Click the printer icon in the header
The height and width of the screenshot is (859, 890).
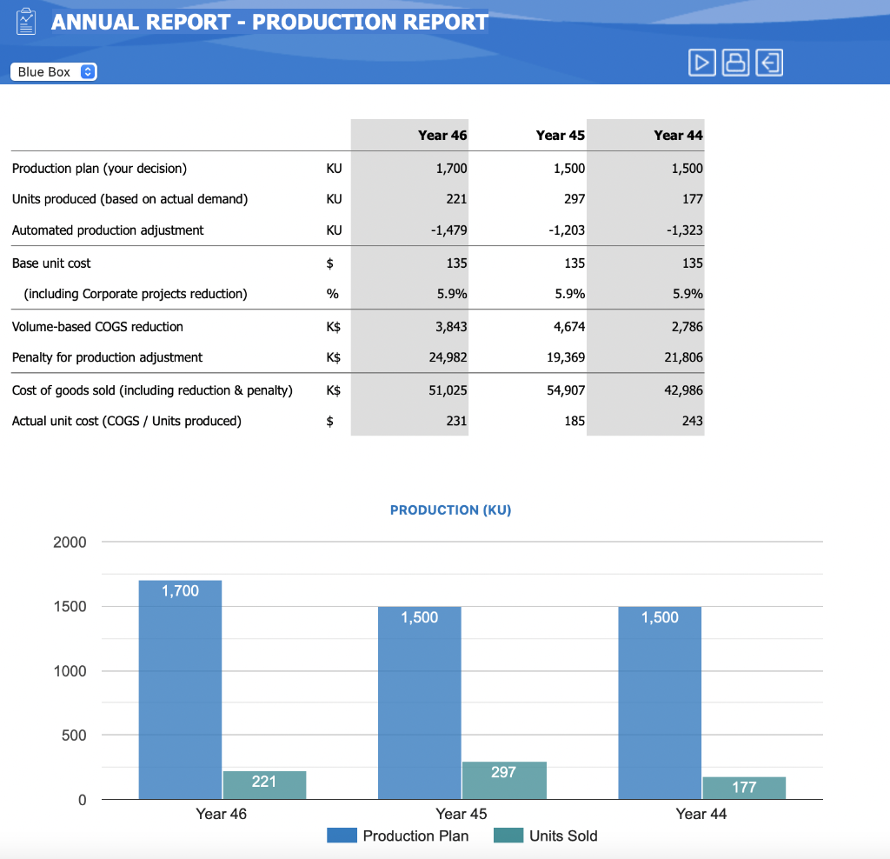[735, 62]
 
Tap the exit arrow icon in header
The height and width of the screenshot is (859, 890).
[769, 62]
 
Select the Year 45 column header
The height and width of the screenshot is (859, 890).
[560, 135]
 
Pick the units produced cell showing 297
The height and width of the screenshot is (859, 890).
[574, 199]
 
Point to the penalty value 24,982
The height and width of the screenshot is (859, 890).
[448, 357]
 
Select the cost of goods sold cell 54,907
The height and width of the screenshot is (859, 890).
[566, 390]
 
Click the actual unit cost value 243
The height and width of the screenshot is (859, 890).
[692, 421]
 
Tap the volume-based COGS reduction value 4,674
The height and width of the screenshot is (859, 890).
[569, 327]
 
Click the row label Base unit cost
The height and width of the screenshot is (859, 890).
[51, 263]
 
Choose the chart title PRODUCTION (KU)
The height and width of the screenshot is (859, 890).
[450, 510]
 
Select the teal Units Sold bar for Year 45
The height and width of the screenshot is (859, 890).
[504, 781]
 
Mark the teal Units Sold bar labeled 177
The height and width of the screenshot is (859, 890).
[744, 788]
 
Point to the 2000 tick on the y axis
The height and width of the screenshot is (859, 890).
[70, 543]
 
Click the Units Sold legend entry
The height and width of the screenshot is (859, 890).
[546, 836]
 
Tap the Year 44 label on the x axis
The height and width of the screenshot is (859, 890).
[701, 814]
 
